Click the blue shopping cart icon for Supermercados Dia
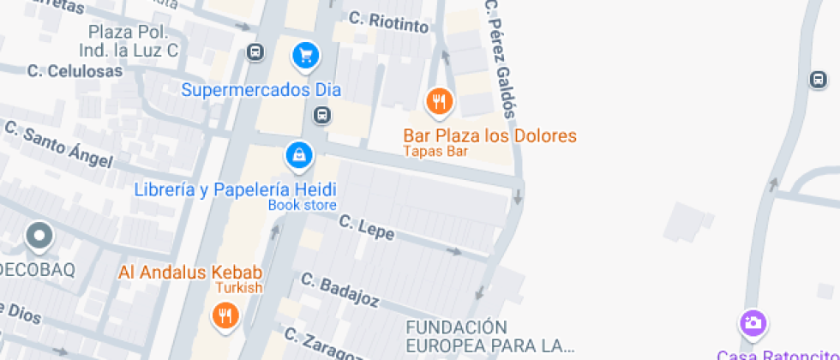[x=305, y=57]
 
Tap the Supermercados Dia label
[x=261, y=89]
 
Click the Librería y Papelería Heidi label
[x=235, y=189]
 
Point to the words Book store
[x=302, y=205]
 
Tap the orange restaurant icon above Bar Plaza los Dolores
[x=440, y=102]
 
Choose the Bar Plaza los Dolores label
[x=489, y=136]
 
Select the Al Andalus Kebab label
[x=189, y=273]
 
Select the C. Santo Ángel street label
[x=58, y=144]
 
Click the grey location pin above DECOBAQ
[x=39, y=235]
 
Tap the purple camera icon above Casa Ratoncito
[x=753, y=323]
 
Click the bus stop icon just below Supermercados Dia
[x=321, y=115]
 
